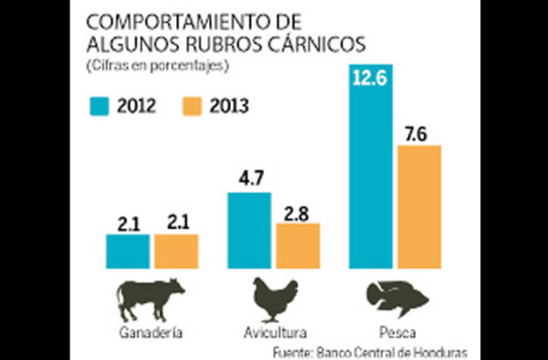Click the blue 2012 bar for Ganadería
(127, 249)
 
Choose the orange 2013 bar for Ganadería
(176, 249)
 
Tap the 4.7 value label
(248, 180)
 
